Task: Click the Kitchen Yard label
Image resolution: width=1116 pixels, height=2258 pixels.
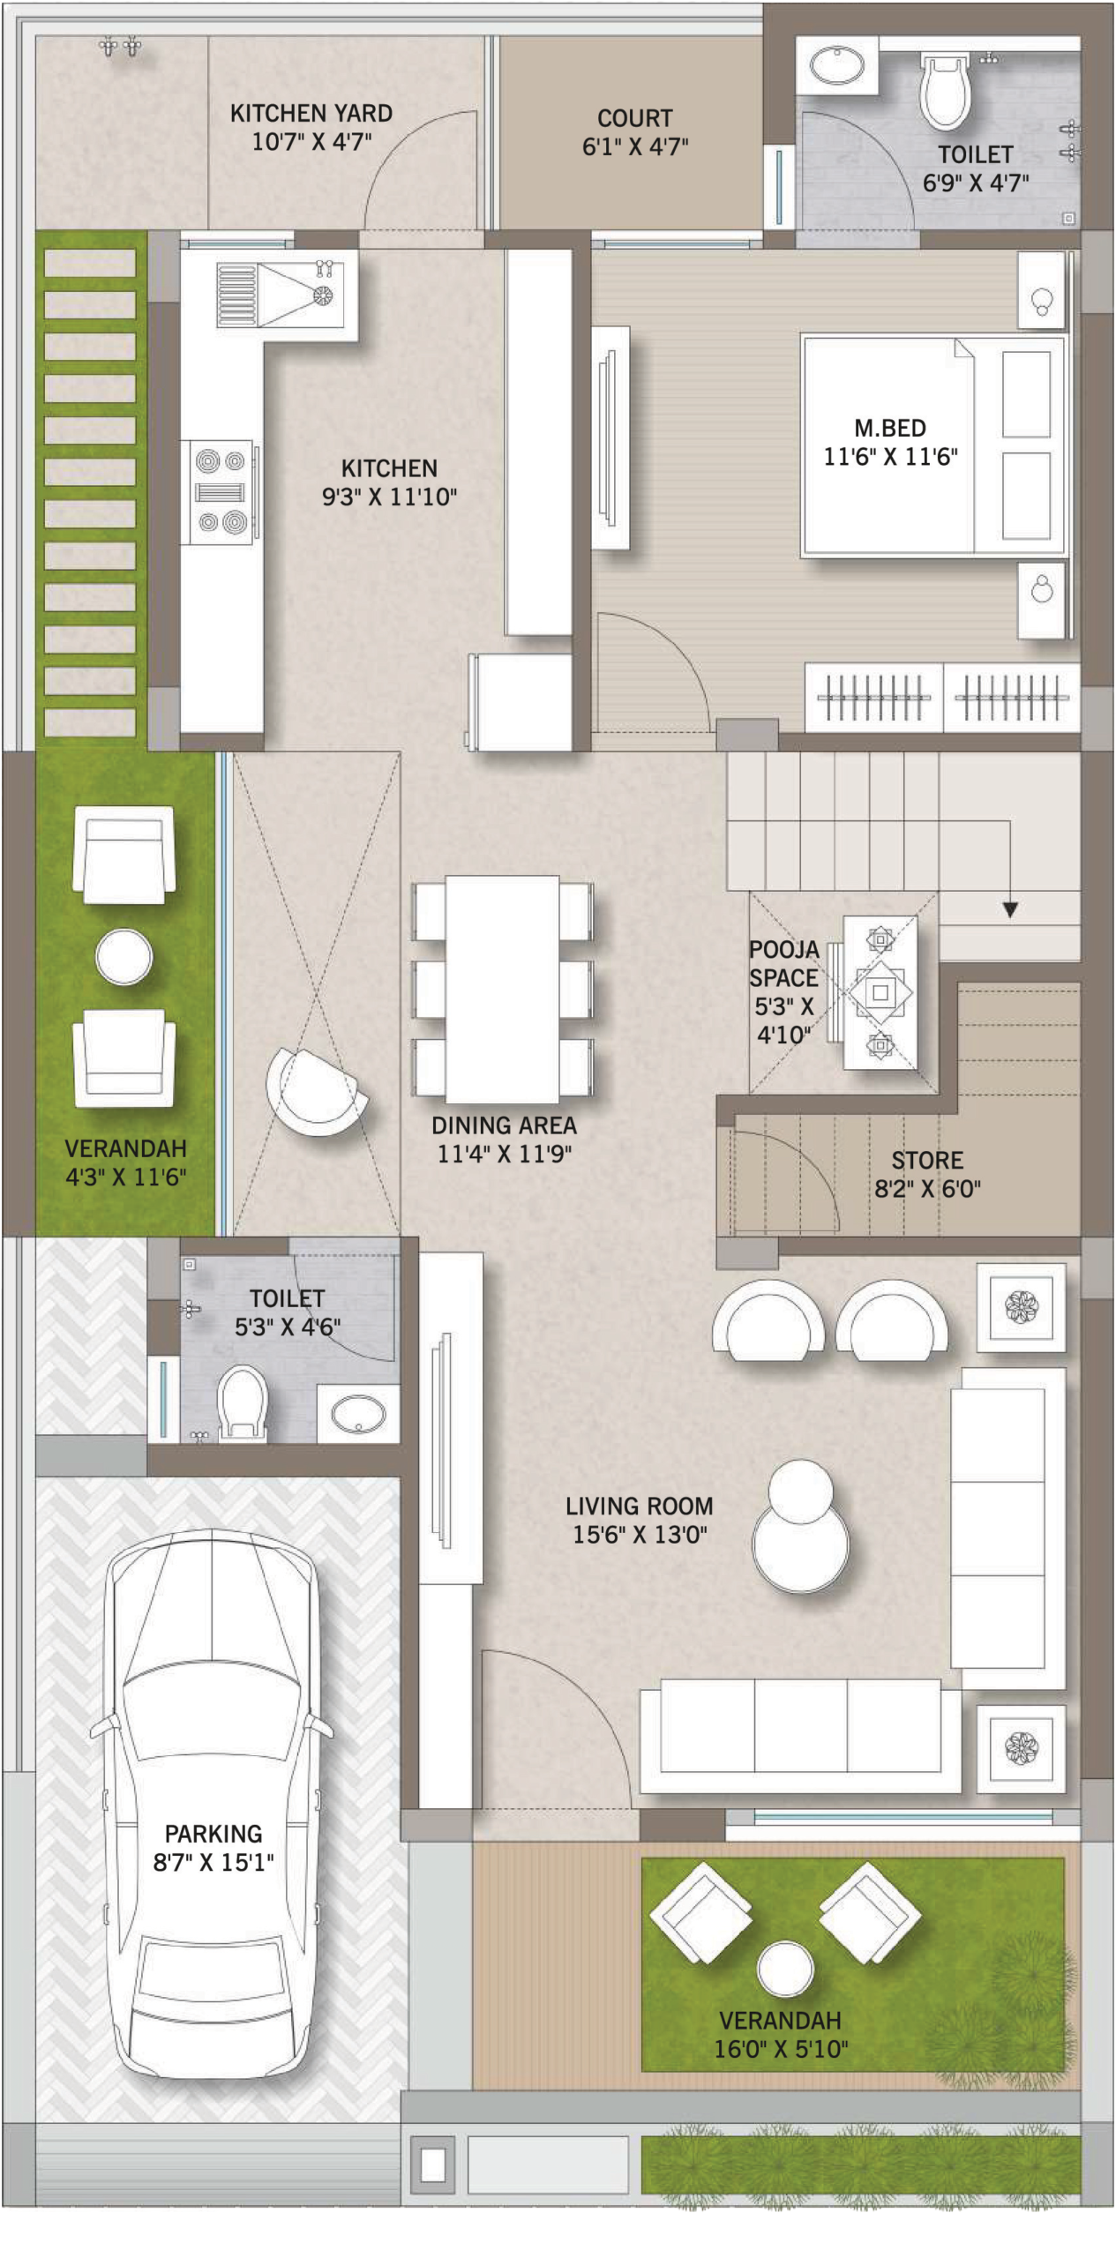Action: click(x=311, y=114)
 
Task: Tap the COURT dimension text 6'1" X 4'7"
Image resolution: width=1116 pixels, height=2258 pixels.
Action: click(x=634, y=146)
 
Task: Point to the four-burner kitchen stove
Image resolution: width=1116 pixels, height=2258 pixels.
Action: click(x=221, y=492)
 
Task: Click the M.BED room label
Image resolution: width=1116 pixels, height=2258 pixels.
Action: click(x=889, y=429)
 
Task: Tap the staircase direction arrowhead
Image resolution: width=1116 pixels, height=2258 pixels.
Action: click(x=1010, y=909)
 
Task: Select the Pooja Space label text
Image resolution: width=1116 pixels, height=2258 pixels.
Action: click(x=783, y=964)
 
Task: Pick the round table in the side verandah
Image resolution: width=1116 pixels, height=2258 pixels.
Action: click(x=124, y=956)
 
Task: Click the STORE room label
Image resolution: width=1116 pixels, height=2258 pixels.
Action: click(x=926, y=1160)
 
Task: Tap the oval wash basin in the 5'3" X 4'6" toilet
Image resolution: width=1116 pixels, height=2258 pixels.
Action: click(x=357, y=1416)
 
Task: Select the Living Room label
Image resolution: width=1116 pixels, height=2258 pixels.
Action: click(x=639, y=1506)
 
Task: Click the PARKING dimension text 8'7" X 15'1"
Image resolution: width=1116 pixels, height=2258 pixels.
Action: click(x=213, y=1862)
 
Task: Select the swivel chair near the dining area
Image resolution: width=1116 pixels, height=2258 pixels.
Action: click(x=316, y=1091)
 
